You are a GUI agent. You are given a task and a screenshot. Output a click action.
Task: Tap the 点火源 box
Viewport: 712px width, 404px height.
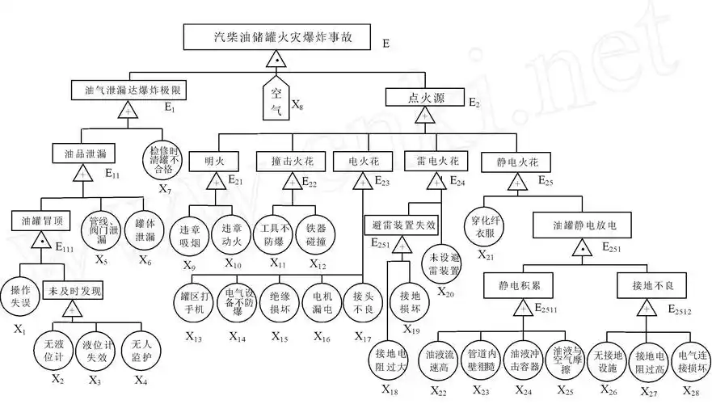(423, 97)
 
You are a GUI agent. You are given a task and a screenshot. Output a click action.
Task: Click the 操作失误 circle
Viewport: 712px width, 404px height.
(19, 294)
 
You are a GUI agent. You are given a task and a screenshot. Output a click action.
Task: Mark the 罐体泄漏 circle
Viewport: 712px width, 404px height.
(145, 232)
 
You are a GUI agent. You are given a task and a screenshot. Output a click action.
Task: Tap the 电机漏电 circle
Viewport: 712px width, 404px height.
(319, 302)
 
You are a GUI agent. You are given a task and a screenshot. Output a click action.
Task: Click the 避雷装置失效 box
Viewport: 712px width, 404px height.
(404, 223)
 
